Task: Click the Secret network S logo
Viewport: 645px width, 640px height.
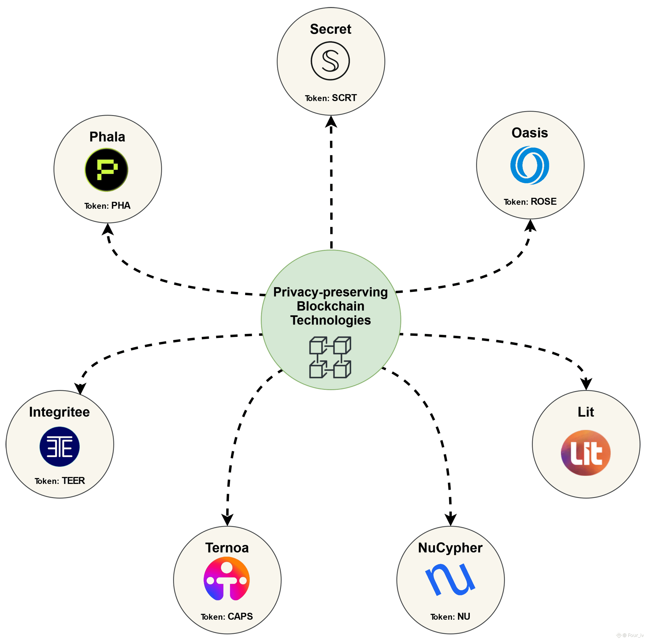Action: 330,61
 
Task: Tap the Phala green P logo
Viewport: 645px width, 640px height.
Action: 106,170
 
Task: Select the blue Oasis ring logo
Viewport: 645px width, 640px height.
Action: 529,165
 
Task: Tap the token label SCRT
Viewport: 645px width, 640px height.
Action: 344,98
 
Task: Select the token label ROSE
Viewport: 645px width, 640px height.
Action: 544,202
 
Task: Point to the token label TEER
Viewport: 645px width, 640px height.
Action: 73,481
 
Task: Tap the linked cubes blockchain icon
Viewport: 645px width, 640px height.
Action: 330,357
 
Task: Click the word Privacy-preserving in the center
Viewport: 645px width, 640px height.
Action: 330,292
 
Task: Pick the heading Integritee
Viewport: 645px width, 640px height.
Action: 59,412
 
